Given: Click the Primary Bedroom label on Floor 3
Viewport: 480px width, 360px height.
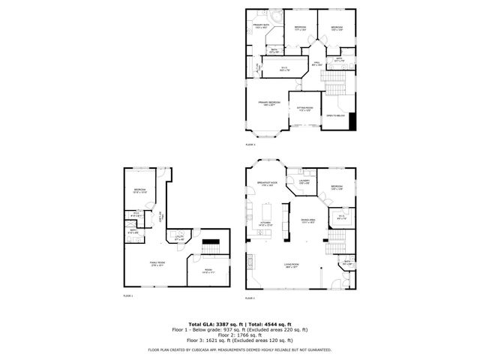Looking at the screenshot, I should point(268,103).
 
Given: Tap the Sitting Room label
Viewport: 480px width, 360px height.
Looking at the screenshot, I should point(303,109).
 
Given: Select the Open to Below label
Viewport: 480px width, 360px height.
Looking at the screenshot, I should point(334,115).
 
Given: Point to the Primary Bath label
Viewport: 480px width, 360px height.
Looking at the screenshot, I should point(260,26).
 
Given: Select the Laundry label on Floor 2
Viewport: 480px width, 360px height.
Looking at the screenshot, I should point(304,181).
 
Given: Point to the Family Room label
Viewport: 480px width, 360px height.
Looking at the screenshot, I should point(157,263).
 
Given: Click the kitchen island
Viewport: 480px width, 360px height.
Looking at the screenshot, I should point(285,218).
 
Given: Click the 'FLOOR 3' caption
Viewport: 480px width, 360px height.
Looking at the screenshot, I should point(250,144).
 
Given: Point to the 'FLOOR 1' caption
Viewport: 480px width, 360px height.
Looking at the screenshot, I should point(128,296).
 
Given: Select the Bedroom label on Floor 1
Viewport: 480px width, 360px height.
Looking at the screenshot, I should point(139,190).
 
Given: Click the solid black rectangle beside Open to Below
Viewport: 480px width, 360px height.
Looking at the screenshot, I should point(352,121).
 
